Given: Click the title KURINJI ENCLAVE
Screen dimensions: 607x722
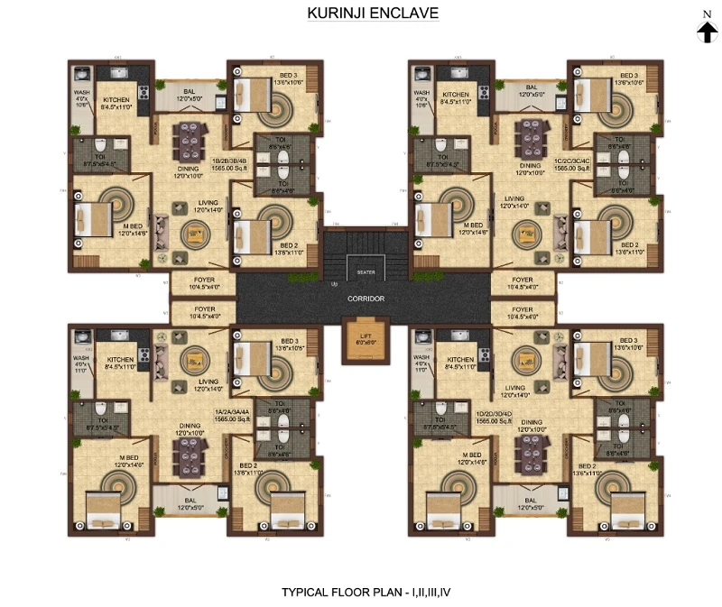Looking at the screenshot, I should coord(361,14).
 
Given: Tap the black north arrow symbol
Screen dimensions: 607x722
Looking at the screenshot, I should coord(707,32).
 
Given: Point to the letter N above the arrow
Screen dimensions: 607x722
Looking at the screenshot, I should coord(707,14).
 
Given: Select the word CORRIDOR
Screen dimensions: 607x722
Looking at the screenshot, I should coord(365,299).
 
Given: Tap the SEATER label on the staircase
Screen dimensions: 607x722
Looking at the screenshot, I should coord(366,271).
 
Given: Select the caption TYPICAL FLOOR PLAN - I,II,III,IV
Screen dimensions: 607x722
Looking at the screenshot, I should coord(361,593).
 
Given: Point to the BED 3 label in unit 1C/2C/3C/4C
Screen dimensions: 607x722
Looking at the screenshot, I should coord(628,75).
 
